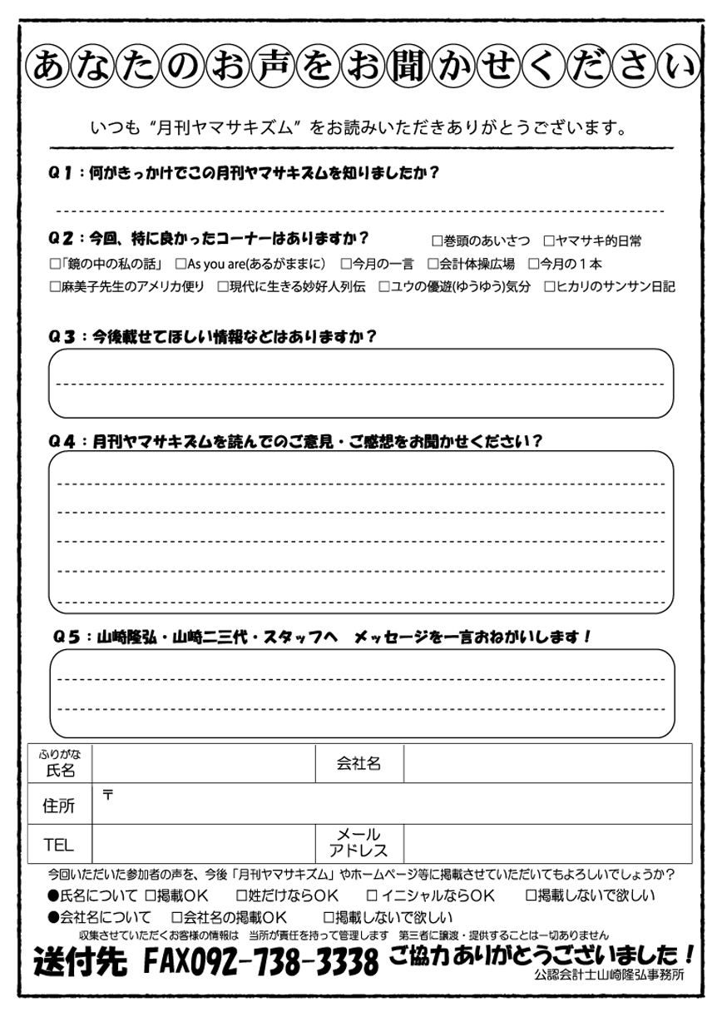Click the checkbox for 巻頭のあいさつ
click(x=437, y=241)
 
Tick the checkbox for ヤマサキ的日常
click(x=549, y=241)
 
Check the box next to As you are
click(x=180, y=265)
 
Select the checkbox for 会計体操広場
click(x=433, y=265)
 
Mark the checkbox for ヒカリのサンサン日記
click(x=550, y=287)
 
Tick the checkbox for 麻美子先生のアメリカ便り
click(x=55, y=287)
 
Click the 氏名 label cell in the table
click(x=59, y=764)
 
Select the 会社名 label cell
click(x=359, y=763)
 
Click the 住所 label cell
click(x=59, y=805)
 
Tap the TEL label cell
click(x=59, y=845)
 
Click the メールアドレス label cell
click(x=359, y=843)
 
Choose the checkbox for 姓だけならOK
click(x=240, y=896)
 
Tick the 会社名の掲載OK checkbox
click(x=176, y=918)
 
